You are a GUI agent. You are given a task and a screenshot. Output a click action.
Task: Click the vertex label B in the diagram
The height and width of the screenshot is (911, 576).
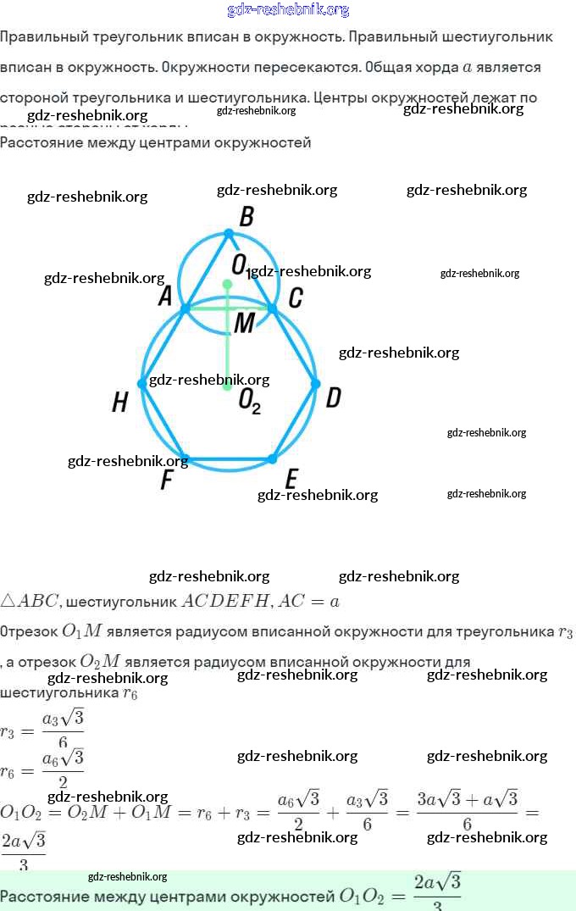click(246, 217)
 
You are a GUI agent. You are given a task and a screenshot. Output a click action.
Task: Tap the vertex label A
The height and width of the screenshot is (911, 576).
click(165, 296)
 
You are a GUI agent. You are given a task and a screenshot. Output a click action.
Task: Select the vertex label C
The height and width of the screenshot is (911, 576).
click(296, 297)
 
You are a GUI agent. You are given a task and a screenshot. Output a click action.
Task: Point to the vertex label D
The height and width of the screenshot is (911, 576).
click(333, 397)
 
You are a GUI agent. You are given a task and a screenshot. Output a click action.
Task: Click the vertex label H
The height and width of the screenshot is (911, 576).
click(120, 403)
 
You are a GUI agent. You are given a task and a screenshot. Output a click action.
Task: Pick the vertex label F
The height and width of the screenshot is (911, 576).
click(167, 480)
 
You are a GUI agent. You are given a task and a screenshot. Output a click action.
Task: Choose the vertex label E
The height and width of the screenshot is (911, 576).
click(291, 480)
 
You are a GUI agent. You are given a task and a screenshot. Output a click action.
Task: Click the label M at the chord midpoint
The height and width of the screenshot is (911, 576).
click(244, 322)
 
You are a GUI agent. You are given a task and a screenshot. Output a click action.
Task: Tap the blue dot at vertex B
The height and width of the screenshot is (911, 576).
click(227, 233)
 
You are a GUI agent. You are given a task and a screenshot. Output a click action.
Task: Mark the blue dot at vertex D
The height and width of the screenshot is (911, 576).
click(315, 384)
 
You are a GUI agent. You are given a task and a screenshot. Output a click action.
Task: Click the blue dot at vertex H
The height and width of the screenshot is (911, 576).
click(141, 384)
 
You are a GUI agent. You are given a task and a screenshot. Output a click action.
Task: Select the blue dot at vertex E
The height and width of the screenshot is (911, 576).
click(272, 458)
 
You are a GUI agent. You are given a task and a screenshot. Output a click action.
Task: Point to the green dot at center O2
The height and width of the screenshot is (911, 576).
click(227, 386)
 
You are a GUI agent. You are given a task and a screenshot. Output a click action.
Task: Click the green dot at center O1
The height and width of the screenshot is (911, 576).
click(227, 285)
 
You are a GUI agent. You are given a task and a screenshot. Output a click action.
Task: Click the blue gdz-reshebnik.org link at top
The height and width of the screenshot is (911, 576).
click(288, 10)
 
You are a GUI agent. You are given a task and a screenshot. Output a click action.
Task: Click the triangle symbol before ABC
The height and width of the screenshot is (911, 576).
click(8, 601)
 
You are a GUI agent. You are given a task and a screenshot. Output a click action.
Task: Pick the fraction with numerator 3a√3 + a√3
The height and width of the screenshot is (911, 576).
click(467, 812)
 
